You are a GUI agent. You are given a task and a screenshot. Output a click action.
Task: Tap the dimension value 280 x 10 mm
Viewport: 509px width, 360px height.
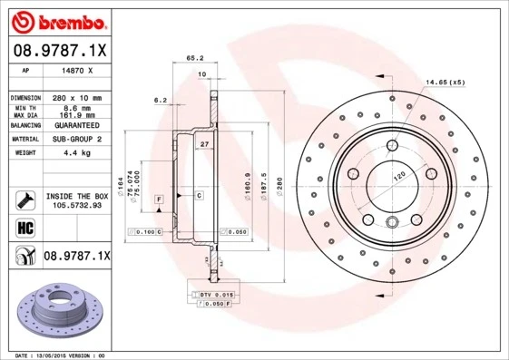click(x=77, y=96)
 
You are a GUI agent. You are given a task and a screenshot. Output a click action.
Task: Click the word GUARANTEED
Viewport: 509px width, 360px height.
click(x=77, y=124)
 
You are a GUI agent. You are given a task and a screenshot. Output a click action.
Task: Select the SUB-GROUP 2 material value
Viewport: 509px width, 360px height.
click(x=77, y=139)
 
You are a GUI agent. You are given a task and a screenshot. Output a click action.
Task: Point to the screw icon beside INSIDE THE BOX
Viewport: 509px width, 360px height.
click(x=23, y=199)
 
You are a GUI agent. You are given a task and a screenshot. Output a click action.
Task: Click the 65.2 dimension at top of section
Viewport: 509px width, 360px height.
click(x=194, y=57)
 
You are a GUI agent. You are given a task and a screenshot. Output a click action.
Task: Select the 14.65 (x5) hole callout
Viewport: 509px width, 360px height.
click(x=445, y=83)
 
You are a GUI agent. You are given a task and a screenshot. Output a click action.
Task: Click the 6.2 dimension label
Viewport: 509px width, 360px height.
click(x=161, y=99)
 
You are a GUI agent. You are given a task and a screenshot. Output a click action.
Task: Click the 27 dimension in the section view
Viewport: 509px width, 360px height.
click(x=204, y=144)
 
